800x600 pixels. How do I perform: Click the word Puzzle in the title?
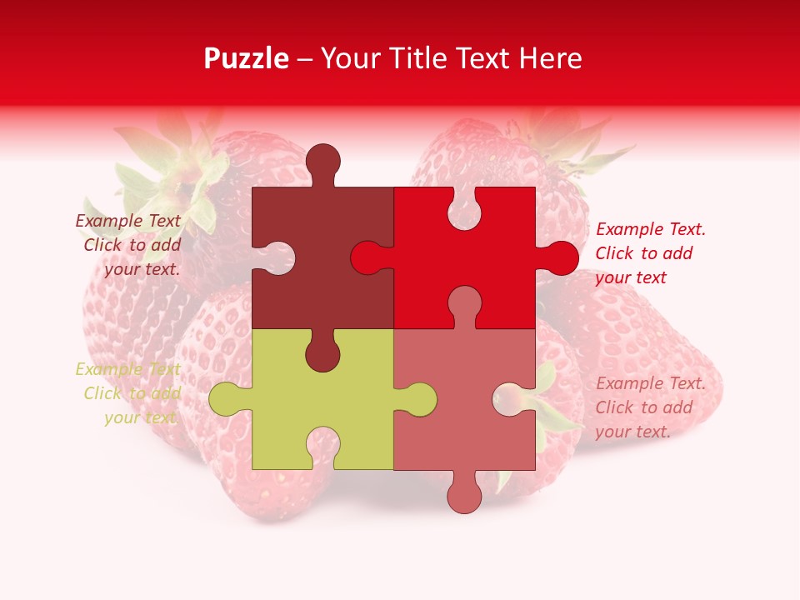point(246,58)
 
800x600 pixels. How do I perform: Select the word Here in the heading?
point(550,58)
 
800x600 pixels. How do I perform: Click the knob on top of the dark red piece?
point(322,163)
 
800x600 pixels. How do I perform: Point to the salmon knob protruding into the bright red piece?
point(464,304)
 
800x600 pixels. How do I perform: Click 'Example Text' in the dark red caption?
point(127,221)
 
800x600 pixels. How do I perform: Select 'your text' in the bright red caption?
point(631,277)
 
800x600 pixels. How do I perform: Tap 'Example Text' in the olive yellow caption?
point(127,369)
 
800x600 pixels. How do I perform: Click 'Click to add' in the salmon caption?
point(644,407)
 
